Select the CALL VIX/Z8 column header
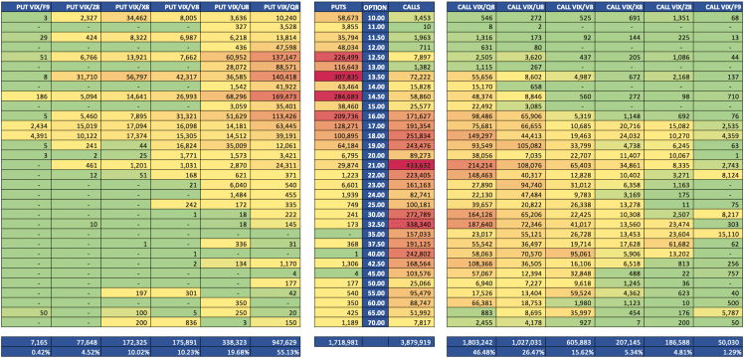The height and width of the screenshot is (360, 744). point(529,6)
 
